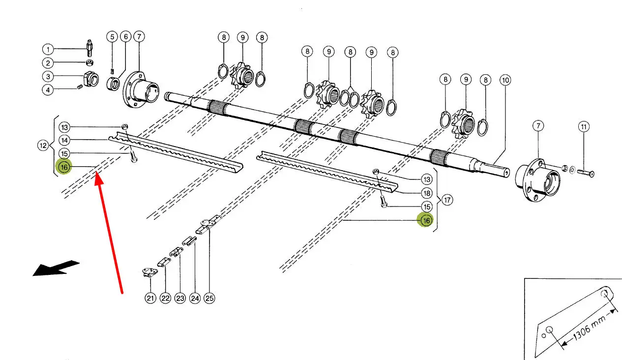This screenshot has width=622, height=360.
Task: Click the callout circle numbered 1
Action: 48,49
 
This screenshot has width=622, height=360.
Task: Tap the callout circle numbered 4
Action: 48,90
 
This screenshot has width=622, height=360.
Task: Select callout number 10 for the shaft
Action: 505,80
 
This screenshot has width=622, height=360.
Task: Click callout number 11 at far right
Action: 584,127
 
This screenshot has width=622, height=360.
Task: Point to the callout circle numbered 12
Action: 43,146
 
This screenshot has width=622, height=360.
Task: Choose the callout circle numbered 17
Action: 447,200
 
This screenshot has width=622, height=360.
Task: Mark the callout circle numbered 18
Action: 427,193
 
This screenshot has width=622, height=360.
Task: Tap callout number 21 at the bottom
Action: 150,298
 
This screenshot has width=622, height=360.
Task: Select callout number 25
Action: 209,298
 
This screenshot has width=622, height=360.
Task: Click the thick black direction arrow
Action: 56,268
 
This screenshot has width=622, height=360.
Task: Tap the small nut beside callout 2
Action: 89,62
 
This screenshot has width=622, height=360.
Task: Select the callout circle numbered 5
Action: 112,37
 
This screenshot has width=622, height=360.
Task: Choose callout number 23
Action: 180,298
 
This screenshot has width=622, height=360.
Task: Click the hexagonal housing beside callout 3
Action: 90,79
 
